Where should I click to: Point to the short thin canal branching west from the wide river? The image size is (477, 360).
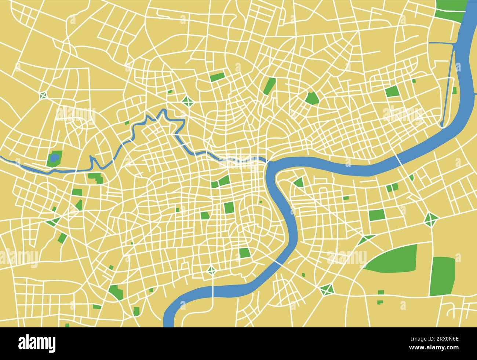(440, 43)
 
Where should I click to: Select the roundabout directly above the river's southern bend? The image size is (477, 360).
(212, 271)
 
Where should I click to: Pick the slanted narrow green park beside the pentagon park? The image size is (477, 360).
(270, 85)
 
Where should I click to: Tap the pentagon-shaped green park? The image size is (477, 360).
(312, 98)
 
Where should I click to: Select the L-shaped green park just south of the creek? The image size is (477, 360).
(96, 178)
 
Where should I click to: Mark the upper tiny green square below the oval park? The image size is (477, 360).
(380, 292)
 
